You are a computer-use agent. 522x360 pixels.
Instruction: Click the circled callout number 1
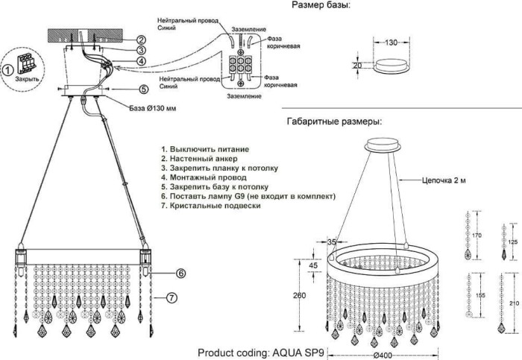coord(7,70)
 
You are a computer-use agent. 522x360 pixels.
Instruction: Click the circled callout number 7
coord(171,297)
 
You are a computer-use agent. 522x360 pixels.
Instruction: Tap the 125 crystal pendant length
coord(512,242)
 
